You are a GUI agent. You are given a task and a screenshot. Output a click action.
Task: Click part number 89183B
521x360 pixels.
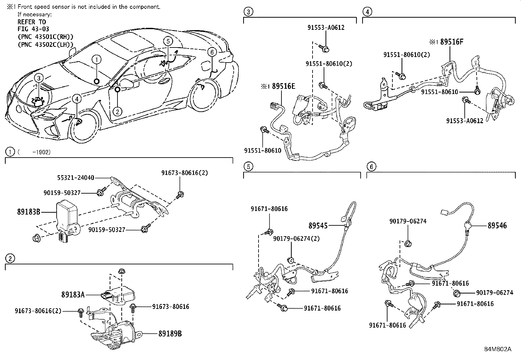pyautogui.click(x=29, y=212)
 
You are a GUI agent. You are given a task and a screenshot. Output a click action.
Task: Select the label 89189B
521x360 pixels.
pyautogui.click(x=170, y=334)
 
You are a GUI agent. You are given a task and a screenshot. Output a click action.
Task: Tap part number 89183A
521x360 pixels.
pyautogui.click(x=73, y=295)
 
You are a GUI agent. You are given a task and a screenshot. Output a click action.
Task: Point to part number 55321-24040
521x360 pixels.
pyautogui.click(x=75, y=178)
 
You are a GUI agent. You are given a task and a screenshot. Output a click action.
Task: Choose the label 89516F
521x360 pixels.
pyautogui.click(x=452, y=42)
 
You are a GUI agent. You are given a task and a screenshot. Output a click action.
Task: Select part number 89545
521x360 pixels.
pyautogui.click(x=318, y=225)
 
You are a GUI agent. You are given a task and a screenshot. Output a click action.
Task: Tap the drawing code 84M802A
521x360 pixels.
pyautogui.click(x=498, y=349)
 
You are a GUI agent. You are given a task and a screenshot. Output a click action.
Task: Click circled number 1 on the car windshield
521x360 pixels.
pyautogui.click(x=97, y=59)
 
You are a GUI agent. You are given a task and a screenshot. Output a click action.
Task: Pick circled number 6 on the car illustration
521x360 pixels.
pyautogui.click(x=212, y=52)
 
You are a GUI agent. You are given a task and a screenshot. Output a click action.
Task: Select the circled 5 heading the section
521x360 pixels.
pyautogui.click(x=248, y=167)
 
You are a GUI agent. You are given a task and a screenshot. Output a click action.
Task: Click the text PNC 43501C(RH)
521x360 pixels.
pyautogui.click(x=45, y=37)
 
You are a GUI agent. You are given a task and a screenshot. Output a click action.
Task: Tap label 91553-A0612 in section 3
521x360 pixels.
pyautogui.click(x=326, y=28)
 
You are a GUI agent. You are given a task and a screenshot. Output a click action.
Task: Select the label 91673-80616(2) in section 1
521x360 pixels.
pyautogui.click(x=185, y=173)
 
